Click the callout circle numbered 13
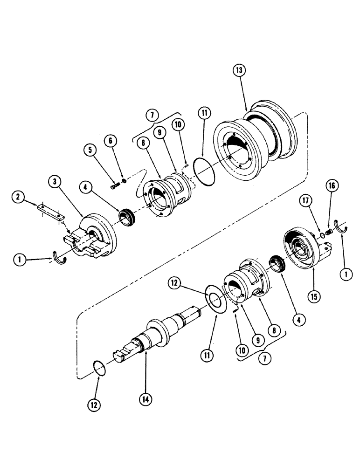pyautogui.click(x=238, y=70)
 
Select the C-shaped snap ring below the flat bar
pyautogui.click(x=61, y=254)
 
